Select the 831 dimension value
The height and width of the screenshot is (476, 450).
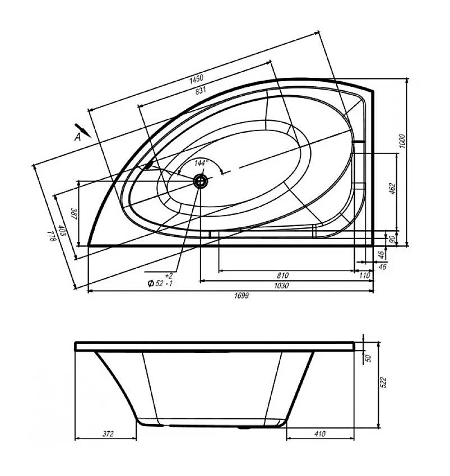[x=201, y=90]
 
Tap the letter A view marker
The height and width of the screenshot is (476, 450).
[x=78, y=137]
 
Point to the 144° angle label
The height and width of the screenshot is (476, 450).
[x=200, y=163]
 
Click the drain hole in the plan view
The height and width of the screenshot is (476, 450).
[x=201, y=181]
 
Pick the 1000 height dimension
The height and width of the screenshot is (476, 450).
[x=402, y=141]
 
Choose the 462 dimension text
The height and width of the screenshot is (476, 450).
[x=392, y=189]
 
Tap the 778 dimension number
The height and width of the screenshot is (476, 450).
[x=52, y=236]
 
